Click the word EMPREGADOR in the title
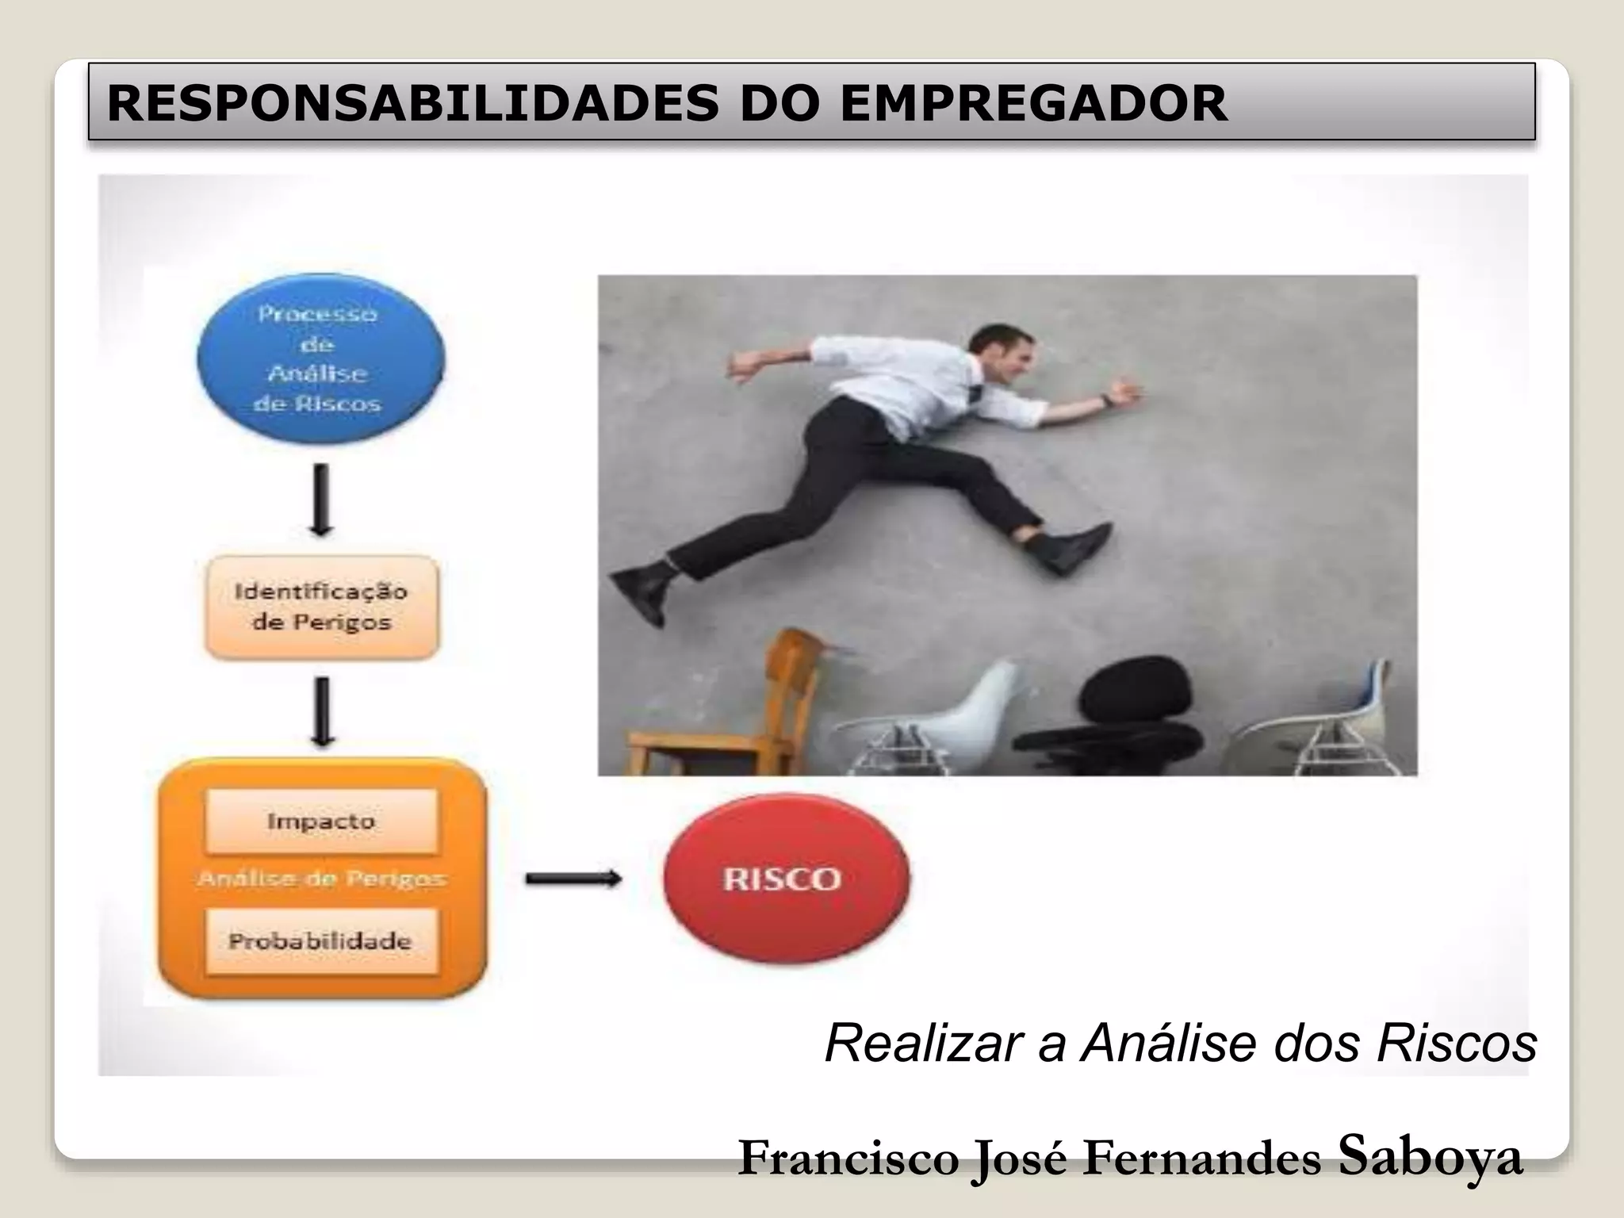tap(1033, 103)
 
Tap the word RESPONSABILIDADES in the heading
tap(412, 103)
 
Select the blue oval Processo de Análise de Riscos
tap(320, 358)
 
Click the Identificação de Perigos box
tap(321, 607)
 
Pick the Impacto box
tap(321, 821)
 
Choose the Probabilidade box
tap(321, 941)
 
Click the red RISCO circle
tap(786, 878)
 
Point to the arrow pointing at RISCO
tap(573, 878)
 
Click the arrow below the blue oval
tap(320, 500)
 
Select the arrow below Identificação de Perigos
tap(321, 711)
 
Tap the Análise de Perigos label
tap(321, 879)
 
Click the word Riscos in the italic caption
tap(1457, 1043)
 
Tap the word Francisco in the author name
tap(848, 1158)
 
